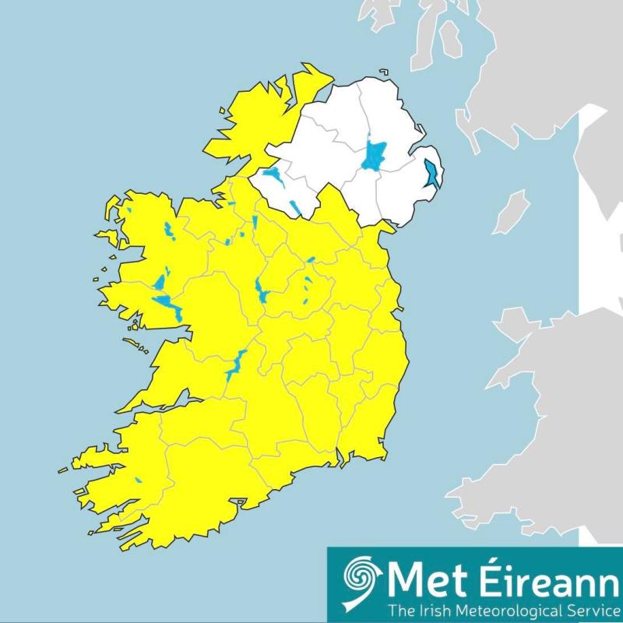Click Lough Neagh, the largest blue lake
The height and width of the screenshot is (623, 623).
coord(375,156)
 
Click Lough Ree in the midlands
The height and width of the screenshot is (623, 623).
coord(259,290)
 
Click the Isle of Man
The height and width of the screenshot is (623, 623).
coord(512,212)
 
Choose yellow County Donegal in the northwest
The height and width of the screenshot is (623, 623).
coord(249,125)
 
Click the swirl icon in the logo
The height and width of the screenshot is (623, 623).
coord(361,579)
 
